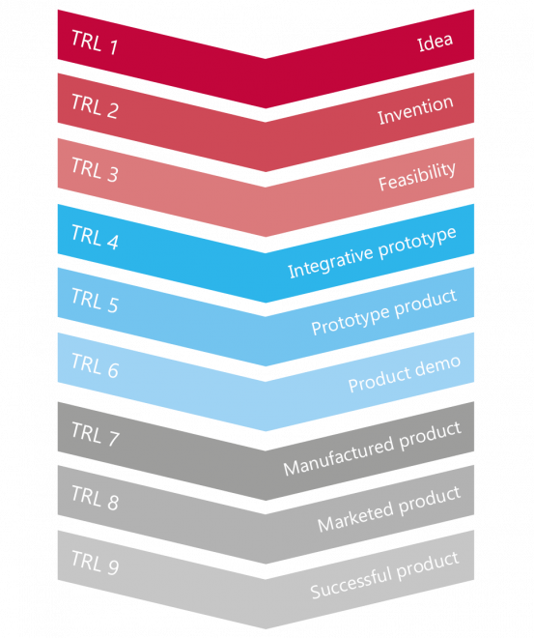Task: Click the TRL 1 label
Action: [x=95, y=42]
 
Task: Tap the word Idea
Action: [x=435, y=42]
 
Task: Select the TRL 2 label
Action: [x=95, y=105]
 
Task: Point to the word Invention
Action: [x=415, y=110]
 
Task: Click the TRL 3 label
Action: [x=95, y=170]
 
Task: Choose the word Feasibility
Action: [x=417, y=176]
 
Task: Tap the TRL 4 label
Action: [x=95, y=237]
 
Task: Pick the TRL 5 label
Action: [x=95, y=301]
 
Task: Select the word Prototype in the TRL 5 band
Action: [x=351, y=320]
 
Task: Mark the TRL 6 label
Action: [x=95, y=365]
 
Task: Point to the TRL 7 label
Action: [x=95, y=434]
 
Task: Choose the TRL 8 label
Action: [x=95, y=498]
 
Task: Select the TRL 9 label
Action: [x=95, y=563]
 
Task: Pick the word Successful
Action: [x=351, y=581]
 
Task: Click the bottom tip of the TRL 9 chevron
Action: [x=266, y=628]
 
